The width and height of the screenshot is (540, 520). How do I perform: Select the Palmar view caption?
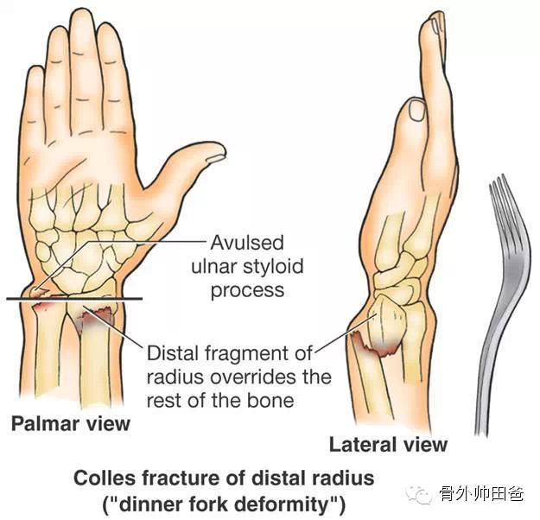[x=70, y=423]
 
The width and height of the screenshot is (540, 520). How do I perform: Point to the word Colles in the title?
[x=104, y=477]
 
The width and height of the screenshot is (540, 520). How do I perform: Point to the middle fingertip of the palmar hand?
[x=83, y=26]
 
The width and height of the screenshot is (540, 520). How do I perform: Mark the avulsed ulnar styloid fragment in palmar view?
[x=35, y=292]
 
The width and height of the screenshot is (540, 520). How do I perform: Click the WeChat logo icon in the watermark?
[x=421, y=495]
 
